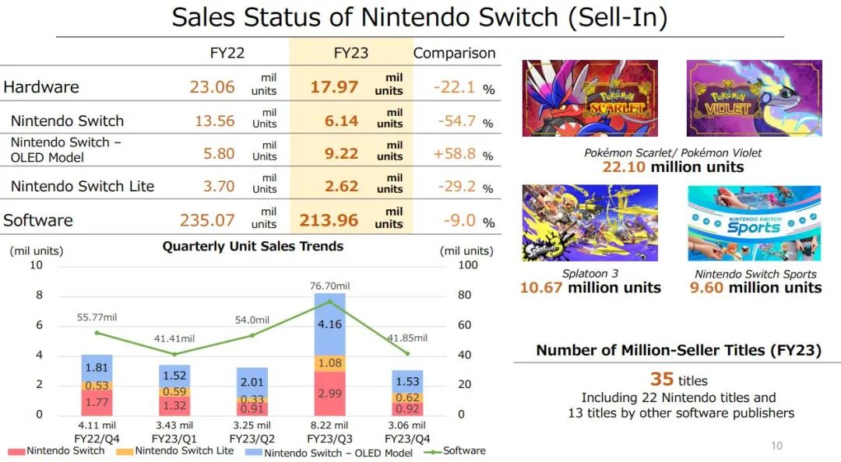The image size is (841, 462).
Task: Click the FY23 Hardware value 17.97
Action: tap(334, 86)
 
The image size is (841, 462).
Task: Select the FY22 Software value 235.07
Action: tap(207, 220)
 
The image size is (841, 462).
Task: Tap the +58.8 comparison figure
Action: tap(455, 153)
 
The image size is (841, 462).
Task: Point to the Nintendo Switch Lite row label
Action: tap(83, 186)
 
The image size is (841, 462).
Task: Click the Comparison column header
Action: tap(454, 53)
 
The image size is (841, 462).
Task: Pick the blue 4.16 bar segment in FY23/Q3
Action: tap(330, 324)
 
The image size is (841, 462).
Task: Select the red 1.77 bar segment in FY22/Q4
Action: tap(97, 402)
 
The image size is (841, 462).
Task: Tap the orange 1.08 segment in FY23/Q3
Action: tap(330, 362)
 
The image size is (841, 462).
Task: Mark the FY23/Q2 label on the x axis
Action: tap(252, 437)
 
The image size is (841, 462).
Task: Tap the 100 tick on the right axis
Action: tap(467, 265)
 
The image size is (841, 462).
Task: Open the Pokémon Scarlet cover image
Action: tap(589, 98)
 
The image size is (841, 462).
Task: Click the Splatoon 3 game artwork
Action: tap(589, 222)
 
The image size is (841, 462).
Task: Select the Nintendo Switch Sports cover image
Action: tap(755, 222)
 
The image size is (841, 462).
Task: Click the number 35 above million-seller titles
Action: tap(661, 379)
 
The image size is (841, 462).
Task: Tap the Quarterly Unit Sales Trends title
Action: tap(252, 247)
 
